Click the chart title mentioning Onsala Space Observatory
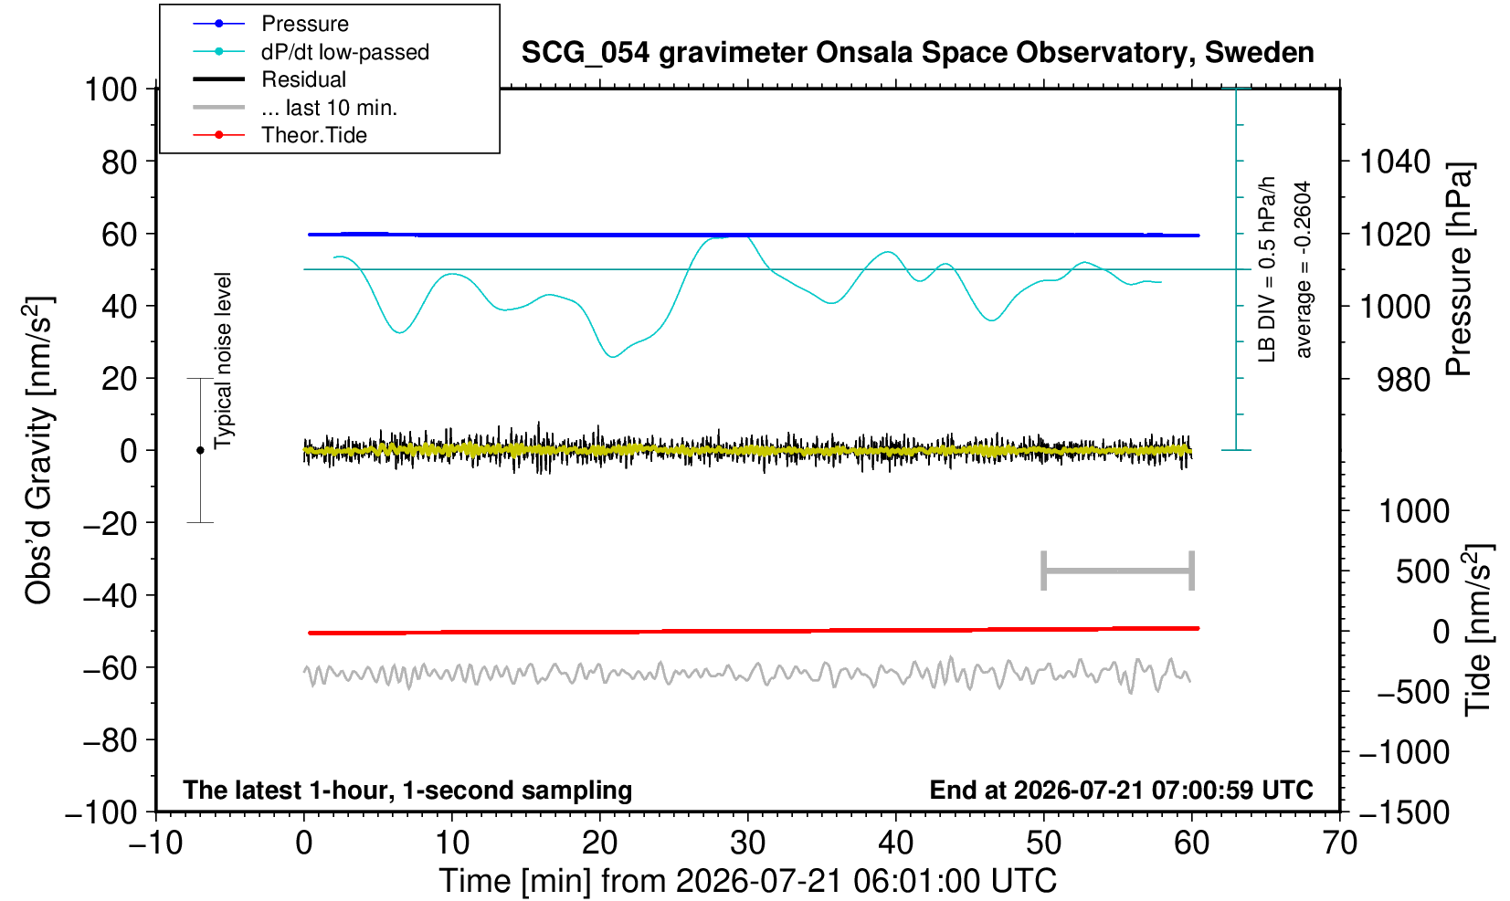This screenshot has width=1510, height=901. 917,53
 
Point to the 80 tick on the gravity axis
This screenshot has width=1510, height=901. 120,162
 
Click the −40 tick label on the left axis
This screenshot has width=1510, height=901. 111,596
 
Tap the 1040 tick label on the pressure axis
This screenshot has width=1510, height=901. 1395,162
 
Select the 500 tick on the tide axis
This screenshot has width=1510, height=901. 1422,571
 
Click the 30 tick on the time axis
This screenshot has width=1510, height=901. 747,843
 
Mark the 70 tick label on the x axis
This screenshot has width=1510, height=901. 1339,843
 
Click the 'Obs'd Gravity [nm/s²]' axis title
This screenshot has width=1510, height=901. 37,450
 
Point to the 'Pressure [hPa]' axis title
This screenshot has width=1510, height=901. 1459,269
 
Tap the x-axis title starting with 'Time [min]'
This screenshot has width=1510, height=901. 747,881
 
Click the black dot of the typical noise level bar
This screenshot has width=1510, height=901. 200,450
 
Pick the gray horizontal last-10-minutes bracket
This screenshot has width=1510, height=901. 1118,571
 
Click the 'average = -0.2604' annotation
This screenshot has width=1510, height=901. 1304,269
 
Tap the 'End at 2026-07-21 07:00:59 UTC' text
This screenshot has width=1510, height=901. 1121,790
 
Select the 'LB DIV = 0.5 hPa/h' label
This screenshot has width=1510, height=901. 1267,269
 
